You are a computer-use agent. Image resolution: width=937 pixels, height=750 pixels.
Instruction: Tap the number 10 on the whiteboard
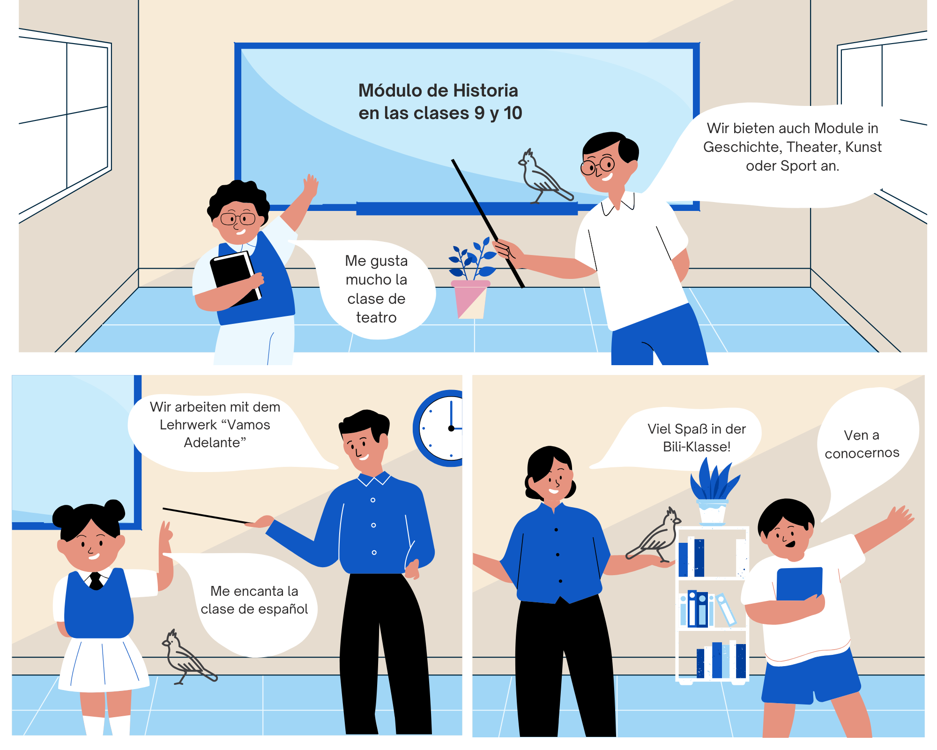coord(513,113)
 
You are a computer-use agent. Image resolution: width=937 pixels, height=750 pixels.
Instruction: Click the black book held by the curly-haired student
coord(236,278)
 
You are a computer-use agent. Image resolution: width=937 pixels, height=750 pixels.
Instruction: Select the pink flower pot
coord(470,299)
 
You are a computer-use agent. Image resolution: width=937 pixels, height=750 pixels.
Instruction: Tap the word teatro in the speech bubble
coord(376,317)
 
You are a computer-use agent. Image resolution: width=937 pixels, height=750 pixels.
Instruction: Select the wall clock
coord(438,428)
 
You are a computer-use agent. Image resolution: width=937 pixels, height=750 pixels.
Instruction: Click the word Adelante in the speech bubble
coord(215,442)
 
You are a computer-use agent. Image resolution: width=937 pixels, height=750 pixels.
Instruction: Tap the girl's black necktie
coord(96,581)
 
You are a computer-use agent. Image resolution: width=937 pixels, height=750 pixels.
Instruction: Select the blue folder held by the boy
coord(799,584)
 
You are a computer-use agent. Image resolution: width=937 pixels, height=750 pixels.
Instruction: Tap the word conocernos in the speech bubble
coord(862,453)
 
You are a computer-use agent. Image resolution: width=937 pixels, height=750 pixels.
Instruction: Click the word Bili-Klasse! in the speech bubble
coord(697,447)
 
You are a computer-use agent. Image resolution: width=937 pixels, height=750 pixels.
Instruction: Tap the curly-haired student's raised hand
coord(310,186)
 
